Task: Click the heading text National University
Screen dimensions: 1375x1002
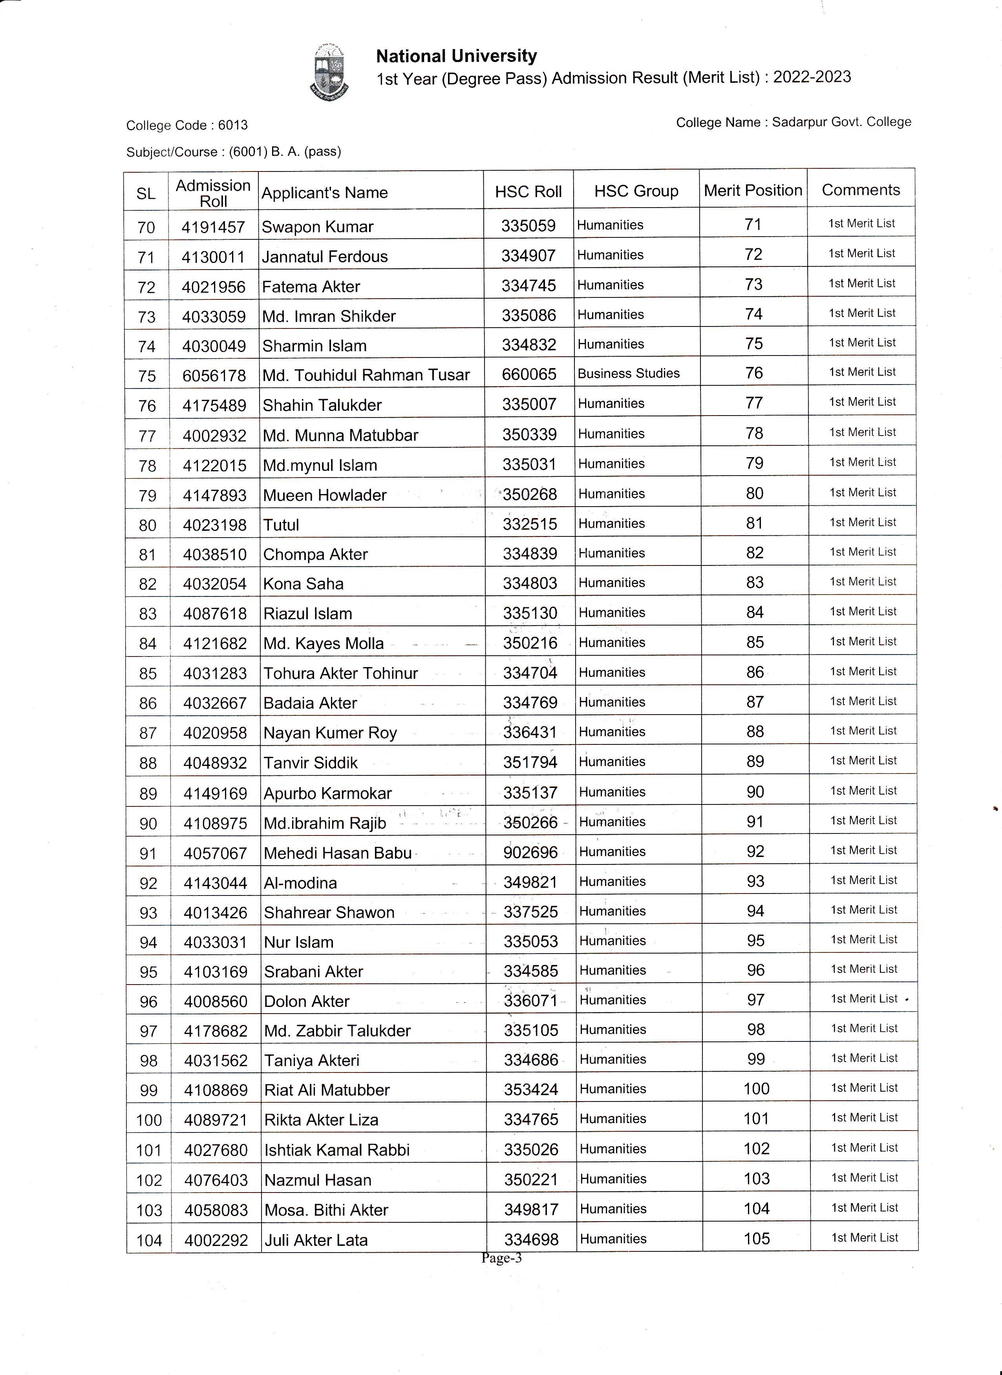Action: [x=456, y=57]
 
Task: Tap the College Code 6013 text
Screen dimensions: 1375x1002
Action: [x=187, y=126]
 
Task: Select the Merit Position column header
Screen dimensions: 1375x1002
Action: [x=753, y=190]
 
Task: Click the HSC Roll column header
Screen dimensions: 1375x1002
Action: [x=528, y=191]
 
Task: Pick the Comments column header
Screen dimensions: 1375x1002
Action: [x=861, y=190]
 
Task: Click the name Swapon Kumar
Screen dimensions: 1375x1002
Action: [x=317, y=227]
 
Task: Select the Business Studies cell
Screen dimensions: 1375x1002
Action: [x=628, y=374]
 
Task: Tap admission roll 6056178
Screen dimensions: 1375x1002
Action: [x=214, y=376]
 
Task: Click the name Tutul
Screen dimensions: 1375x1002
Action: [x=282, y=525]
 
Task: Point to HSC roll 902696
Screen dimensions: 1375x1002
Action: [x=530, y=852]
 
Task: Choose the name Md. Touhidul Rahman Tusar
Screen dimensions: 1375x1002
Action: [x=366, y=375]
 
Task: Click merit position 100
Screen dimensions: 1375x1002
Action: [x=756, y=1089]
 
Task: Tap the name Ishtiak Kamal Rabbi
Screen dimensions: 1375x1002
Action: [x=336, y=1150]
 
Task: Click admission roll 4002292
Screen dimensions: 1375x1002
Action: [x=216, y=1240]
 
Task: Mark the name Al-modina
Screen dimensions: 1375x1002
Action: [x=300, y=883]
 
